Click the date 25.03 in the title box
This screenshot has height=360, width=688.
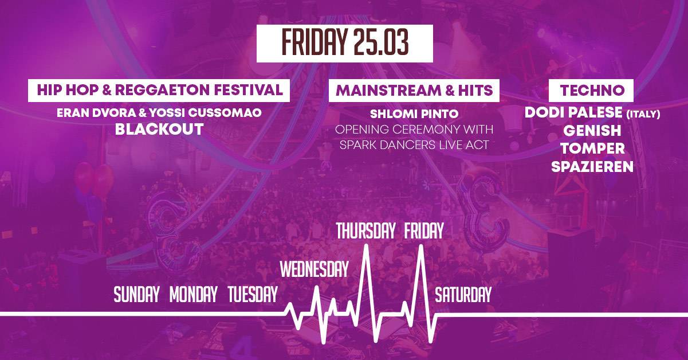(381, 42)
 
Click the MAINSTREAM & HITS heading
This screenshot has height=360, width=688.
(414, 91)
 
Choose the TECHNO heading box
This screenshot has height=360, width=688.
(591, 91)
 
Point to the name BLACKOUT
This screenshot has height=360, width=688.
(159, 129)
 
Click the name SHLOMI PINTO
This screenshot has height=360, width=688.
(414, 114)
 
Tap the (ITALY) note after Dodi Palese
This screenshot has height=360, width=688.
(643, 115)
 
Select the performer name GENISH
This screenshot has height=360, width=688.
(592, 131)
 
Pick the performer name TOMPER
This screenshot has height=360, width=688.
(592, 148)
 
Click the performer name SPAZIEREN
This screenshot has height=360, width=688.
(592, 167)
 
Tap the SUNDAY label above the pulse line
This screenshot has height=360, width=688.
(137, 294)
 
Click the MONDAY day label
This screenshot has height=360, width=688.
(194, 294)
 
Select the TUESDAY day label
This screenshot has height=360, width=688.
(253, 294)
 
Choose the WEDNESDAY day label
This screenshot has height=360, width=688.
(314, 269)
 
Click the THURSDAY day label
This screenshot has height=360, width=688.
(365, 230)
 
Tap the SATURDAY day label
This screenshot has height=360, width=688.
(463, 294)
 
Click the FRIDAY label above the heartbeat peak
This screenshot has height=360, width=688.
(424, 230)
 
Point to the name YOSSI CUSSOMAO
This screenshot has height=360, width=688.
(206, 113)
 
